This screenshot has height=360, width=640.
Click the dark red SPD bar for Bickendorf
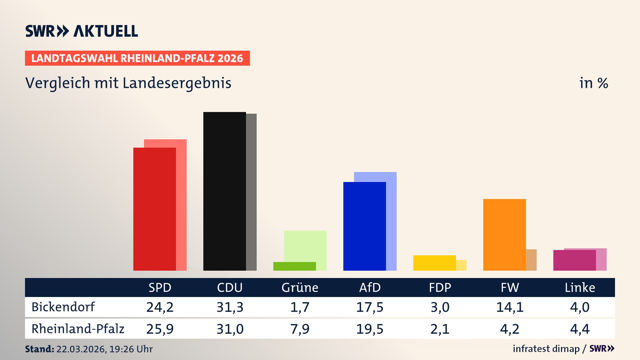pyautogui.click(x=154, y=209)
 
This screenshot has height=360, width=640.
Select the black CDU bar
pyautogui.click(x=224, y=191)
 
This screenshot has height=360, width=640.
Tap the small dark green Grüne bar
pyautogui.click(x=294, y=266)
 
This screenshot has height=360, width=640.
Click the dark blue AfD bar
pyautogui.click(x=364, y=226)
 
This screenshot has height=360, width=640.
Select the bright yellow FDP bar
pyautogui.click(x=434, y=263)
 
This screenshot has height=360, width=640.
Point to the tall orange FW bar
pyautogui.click(x=504, y=235)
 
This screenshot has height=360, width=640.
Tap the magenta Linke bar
pyautogui.click(x=574, y=260)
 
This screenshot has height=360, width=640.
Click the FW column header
pyautogui.click(x=510, y=288)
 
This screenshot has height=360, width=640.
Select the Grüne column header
pyautogui.click(x=300, y=288)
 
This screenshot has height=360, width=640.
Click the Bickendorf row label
pyautogui.click(x=63, y=307)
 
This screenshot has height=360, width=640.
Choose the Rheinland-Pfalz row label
pyautogui.click(x=78, y=329)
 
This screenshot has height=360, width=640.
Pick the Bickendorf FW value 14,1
pyautogui.click(x=510, y=307)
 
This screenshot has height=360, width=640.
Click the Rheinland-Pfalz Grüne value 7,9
pyautogui.click(x=300, y=329)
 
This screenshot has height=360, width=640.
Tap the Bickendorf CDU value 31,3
pyautogui.click(x=230, y=307)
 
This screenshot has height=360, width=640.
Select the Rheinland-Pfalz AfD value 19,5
pyautogui.click(x=370, y=329)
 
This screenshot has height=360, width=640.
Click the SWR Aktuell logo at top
pyautogui.click(x=82, y=31)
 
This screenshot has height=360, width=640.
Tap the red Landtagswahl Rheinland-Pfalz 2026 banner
pyautogui.click(x=137, y=58)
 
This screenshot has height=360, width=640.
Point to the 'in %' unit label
pyautogui.click(x=593, y=83)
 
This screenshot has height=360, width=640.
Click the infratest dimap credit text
pyautogui.click(x=546, y=349)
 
